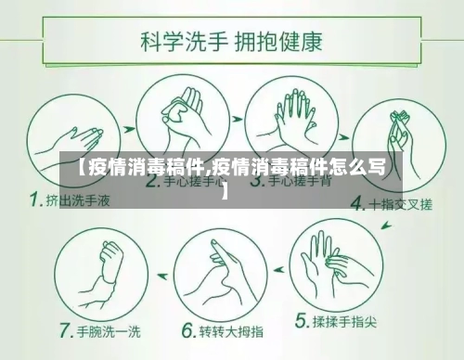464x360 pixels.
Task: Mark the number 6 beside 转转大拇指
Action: tap(187, 330)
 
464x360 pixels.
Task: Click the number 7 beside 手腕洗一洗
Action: tap(67, 330)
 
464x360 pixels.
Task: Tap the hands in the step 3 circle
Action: tap(290, 116)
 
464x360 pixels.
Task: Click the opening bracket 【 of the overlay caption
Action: tap(79, 168)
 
